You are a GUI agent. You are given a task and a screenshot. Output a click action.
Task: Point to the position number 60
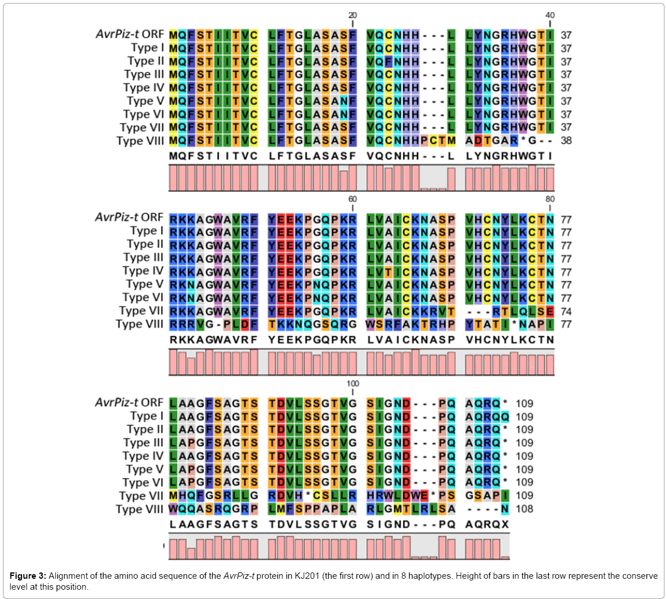[x=352, y=199]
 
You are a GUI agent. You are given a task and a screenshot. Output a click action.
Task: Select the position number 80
[x=550, y=199]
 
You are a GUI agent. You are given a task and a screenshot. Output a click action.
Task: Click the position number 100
[x=352, y=383]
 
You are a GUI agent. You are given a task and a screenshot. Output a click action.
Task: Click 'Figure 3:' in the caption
[x=28, y=576]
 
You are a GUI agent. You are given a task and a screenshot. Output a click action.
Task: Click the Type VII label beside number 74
[x=141, y=311]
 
